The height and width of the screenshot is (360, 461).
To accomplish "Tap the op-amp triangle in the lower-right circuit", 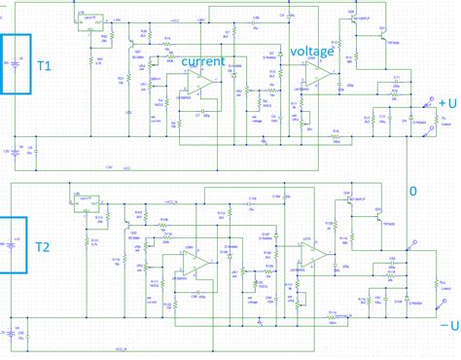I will [x=310, y=255].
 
